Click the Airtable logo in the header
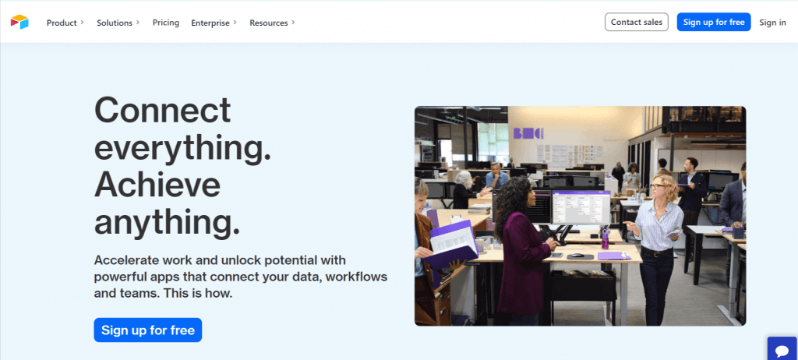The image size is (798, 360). [19, 22]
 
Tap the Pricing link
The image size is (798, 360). [166, 23]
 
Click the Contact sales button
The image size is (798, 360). [637, 22]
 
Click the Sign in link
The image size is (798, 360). [772, 23]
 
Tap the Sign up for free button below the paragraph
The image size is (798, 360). [148, 330]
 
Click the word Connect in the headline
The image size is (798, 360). [162, 110]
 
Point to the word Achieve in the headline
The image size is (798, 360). [157, 185]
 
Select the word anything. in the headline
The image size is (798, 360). [167, 223]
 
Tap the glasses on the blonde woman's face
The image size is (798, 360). [657, 186]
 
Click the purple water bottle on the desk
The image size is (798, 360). [605, 238]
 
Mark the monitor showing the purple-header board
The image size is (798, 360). [581, 208]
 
